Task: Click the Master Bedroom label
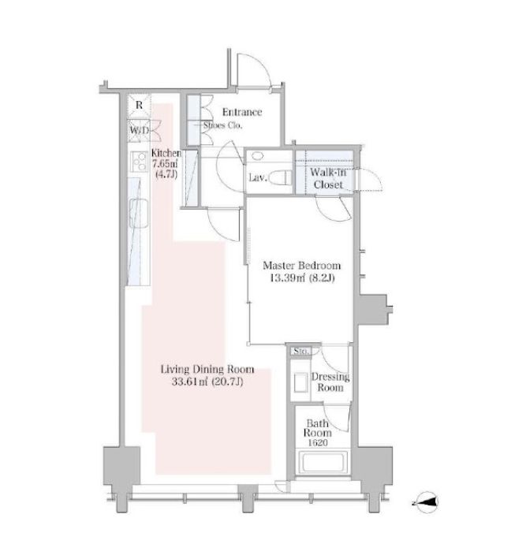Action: point(302,266)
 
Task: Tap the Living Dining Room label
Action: point(207,370)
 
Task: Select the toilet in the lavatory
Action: point(280,178)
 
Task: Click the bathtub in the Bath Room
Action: point(323,462)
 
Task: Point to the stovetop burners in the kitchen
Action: point(139,162)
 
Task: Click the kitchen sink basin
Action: point(139,214)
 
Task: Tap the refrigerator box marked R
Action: point(139,106)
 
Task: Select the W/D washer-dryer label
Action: point(139,131)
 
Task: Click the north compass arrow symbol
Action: point(426,502)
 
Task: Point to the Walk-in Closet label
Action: point(328,178)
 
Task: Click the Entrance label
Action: point(242,112)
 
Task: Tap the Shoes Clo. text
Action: point(223,125)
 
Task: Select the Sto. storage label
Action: point(300,352)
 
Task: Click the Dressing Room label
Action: point(330,382)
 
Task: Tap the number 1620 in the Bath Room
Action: point(317,443)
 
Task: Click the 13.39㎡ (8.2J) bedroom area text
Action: point(302,277)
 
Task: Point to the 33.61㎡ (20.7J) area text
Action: point(207,382)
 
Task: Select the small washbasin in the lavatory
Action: point(257,156)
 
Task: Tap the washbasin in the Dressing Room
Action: point(300,382)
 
